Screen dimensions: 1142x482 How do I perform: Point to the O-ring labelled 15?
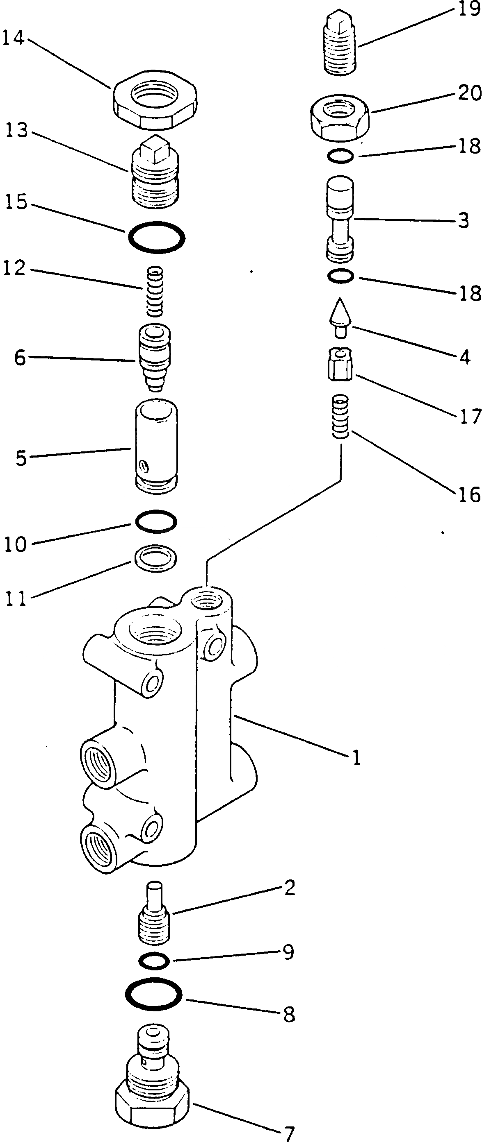pos(156,238)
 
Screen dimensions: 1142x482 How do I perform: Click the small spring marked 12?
pos(155,291)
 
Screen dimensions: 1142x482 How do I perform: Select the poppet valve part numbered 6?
pos(156,446)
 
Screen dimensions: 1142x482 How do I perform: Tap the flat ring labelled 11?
pos(156,558)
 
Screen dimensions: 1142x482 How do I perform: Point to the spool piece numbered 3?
pos(340,220)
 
